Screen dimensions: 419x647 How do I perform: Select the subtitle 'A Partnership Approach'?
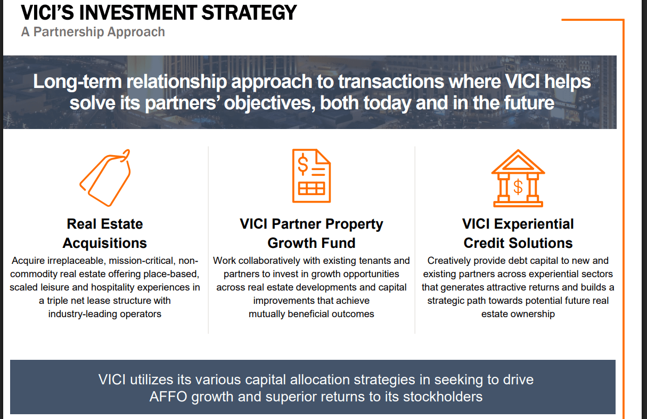(93, 32)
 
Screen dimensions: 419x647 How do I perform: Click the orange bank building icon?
(518, 178)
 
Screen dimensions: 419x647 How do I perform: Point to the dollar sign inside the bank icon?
(518, 187)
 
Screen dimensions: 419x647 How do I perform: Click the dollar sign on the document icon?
(302, 165)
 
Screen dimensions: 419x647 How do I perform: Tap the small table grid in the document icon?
(312, 188)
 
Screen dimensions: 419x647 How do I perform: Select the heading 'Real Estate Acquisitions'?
(105, 233)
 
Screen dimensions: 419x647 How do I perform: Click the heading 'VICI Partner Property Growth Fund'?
(312, 233)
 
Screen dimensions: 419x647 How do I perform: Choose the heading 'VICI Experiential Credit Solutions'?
(518, 233)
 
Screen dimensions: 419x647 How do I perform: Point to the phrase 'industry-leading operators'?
(105, 314)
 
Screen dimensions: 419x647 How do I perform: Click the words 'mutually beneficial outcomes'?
(312, 314)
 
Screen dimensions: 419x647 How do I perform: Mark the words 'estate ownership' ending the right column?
(518, 314)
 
